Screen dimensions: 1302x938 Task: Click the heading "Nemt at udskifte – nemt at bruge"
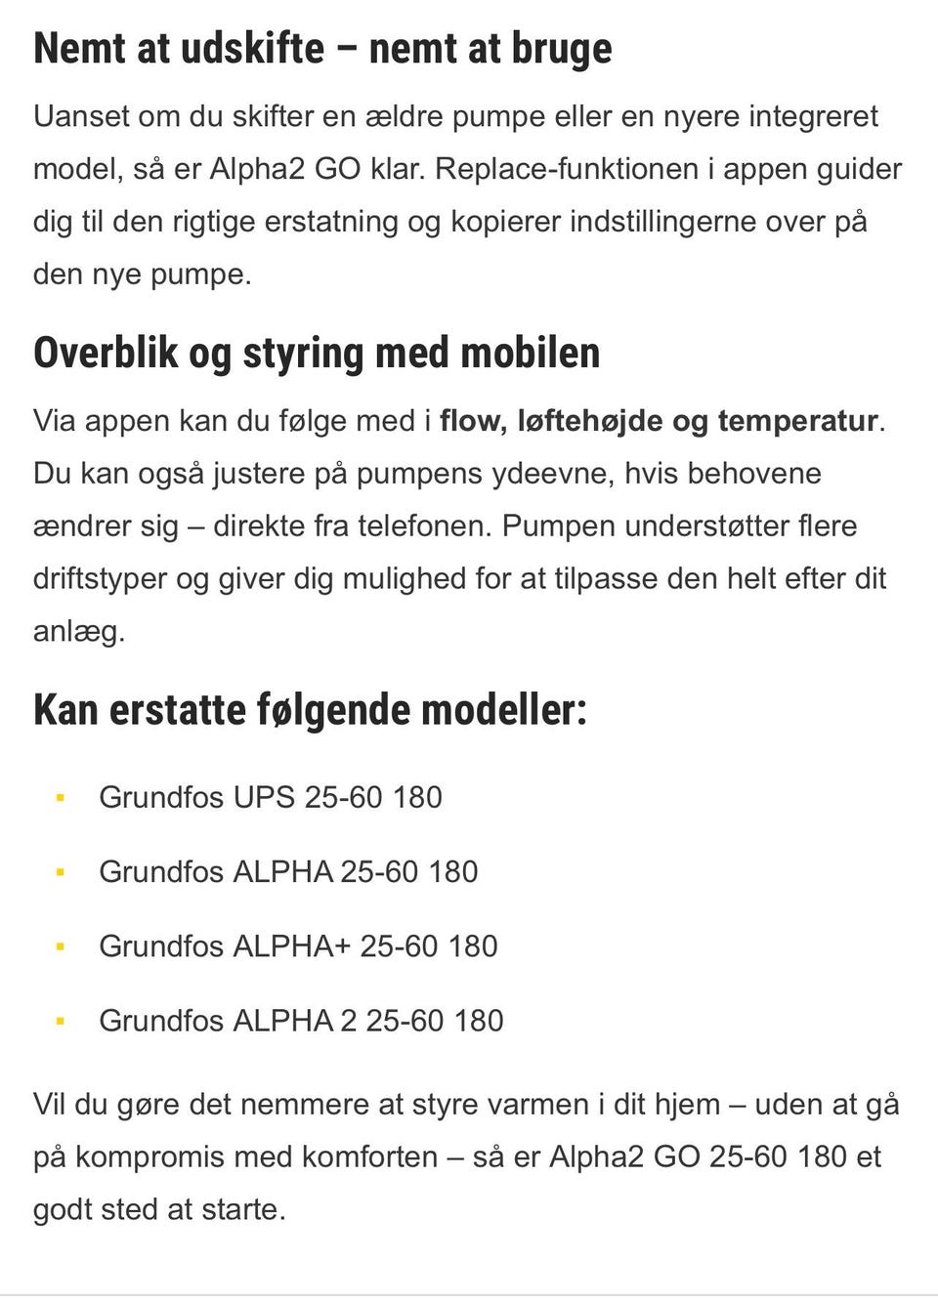[322, 49]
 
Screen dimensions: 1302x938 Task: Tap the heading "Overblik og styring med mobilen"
[317, 353]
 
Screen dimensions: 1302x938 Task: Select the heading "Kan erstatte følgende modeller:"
[310, 709]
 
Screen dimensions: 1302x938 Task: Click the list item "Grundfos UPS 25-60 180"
[271, 797]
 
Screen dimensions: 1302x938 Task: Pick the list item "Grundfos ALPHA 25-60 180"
[288, 871]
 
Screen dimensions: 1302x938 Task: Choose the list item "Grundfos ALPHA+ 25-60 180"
[298, 945]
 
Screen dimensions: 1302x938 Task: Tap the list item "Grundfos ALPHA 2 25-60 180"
[301, 1020]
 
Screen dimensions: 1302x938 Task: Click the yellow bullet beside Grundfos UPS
[61, 798]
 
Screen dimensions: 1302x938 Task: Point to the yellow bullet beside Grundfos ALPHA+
[61, 946]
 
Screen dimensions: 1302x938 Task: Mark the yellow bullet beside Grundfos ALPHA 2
[61, 1021]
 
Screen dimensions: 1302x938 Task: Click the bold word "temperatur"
[797, 421]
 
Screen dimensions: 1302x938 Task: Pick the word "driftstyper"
[101, 579]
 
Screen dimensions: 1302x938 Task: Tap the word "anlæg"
[78, 632]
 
